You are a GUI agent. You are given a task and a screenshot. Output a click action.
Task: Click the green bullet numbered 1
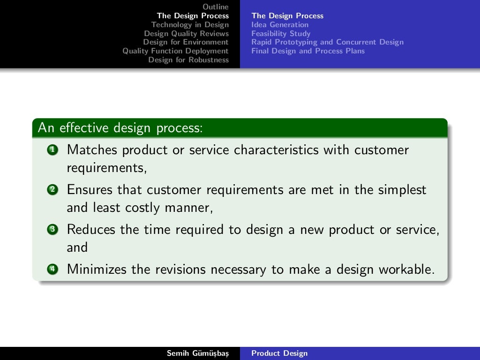coord(52,150)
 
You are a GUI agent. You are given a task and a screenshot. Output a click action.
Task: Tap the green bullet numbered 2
coord(52,190)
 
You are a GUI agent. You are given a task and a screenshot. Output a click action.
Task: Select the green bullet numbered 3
coord(52,230)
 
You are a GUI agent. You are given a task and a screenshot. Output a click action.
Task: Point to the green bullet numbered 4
coord(52,270)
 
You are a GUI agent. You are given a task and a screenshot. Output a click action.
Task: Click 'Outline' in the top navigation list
coord(216,7)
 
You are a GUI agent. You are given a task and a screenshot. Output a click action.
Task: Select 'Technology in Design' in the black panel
coord(190,24)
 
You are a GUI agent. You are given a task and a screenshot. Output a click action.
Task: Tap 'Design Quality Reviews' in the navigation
coord(186,33)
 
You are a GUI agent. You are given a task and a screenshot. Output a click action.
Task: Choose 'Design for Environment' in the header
coord(186,42)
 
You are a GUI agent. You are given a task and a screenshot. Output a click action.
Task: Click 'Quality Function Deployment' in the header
coord(175,51)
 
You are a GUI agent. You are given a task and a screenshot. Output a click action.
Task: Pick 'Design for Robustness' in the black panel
coord(188,60)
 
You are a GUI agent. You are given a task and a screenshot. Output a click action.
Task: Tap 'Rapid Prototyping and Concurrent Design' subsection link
coord(327,42)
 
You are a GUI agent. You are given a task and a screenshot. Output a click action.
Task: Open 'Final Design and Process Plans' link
coord(307,51)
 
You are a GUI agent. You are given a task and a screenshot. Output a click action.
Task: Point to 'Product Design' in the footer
coord(279,353)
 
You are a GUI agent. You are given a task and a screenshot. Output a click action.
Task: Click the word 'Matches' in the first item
coord(92,150)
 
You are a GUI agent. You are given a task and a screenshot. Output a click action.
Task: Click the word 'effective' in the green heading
coord(85,127)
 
